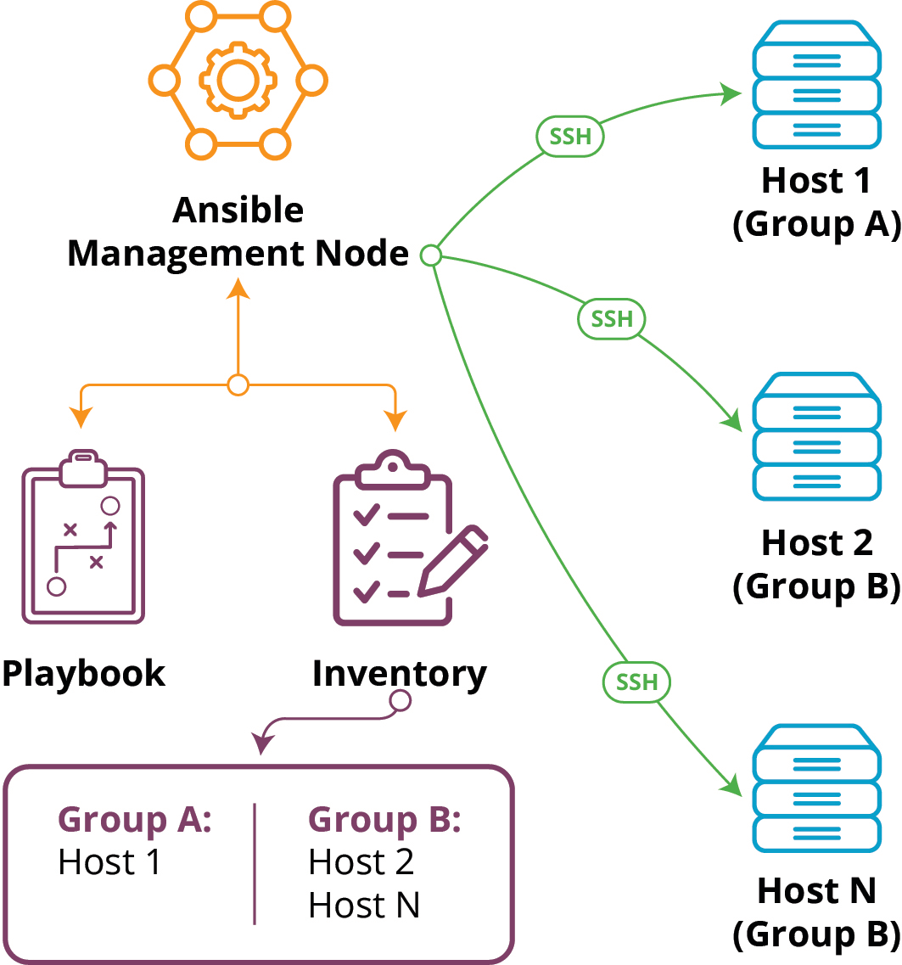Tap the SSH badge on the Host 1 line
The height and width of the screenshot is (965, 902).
[x=570, y=137]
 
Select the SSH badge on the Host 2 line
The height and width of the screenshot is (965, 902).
[x=612, y=319]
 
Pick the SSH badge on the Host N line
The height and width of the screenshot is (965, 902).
[x=636, y=682]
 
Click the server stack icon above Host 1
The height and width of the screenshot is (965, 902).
[x=815, y=86]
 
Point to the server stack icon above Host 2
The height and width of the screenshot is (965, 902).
[x=815, y=436]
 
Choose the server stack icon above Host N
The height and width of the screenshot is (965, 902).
[x=815, y=788]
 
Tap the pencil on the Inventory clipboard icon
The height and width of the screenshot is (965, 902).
[x=454, y=560]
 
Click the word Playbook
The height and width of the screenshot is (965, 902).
[x=83, y=674]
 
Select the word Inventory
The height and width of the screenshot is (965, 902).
[x=399, y=674]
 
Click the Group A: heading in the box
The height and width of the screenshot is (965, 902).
[x=134, y=820]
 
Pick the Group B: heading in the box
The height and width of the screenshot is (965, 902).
[x=384, y=820]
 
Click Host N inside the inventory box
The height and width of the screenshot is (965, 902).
[x=364, y=906]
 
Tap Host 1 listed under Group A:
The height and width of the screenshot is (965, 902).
[x=109, y=862]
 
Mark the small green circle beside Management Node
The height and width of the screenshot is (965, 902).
[x=430, y=255]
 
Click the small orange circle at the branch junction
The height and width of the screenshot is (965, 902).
[x=238, y=385]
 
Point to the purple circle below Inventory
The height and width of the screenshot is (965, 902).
[x=400, y=701]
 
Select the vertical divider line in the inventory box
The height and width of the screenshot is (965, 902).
[x=255, y=863]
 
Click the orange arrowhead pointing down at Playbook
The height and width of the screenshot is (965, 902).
[x=81, y=418]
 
